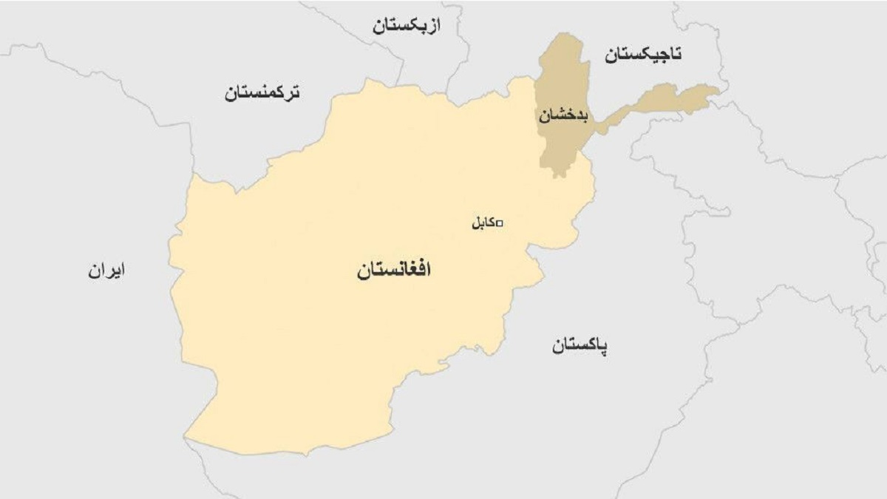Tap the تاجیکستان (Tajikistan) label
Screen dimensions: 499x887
point(643,54)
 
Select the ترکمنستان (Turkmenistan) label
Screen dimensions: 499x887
point(263,94)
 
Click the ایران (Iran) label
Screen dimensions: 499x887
point(106,271)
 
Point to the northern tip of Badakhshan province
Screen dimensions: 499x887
point(565,33)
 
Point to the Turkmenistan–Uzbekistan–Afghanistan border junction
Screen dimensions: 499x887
point(403,79)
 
